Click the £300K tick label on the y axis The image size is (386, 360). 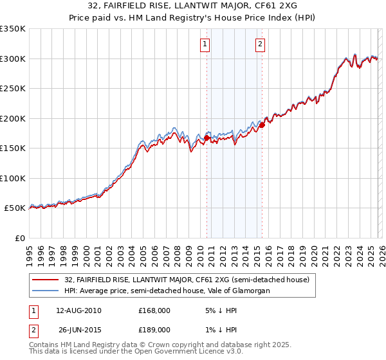pyautogui.click(x=13, y=59)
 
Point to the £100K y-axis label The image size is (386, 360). pyautogui.click(x=13, y=178)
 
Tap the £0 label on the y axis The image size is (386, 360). pyautogui.click(x=19, y=238)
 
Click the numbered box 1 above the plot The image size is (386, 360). pyautogui.click(x=205, y=44)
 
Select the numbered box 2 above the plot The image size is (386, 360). pyautogui.click(x=260, y=44)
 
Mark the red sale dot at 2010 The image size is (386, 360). pyautogui.click(x=207, y=138)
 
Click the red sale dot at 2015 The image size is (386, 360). pyautogui.click(x=262, y=125)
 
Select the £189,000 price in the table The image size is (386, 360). pyautogui.click(x=154, y=329)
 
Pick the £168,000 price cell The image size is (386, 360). pyautogui.click(x=154, y=310)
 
